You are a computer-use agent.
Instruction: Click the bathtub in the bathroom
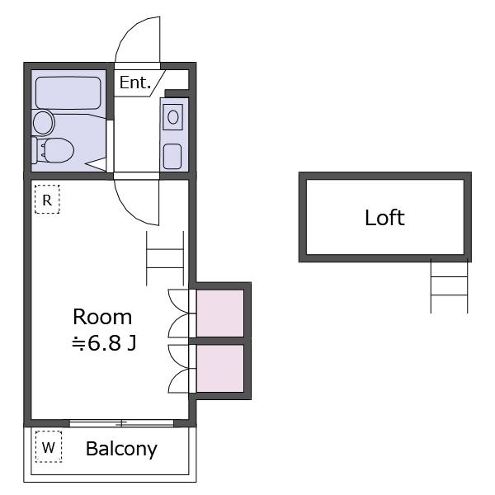click(x=68, y=92)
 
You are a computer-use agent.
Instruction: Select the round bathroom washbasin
click(x=44, y=122)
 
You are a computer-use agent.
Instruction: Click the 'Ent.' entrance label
click(x=135, y=82)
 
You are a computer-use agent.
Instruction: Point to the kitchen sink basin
click(x=172, y=156)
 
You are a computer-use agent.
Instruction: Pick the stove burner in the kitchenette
click(x=172, y=117)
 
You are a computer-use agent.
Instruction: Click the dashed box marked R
click(x=47, y=200)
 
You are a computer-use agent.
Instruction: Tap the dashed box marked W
click(x=49, y=446)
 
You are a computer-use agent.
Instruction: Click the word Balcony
click(x=121, y=449)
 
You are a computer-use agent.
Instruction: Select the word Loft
click(x=384, y=217)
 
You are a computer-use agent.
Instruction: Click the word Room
click(x=102, y=317)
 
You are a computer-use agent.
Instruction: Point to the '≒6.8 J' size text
click(x=104, y=343)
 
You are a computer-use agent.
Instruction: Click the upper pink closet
click(x=220, y=313)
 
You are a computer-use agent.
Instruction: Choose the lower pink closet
click(x=220, y=369)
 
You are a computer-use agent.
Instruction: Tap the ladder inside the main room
click(x=165, y=258)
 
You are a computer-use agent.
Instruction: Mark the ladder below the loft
click(x=449, y=286)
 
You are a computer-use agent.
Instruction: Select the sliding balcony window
click(x=121, y=423)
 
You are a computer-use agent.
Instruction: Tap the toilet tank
click(x=35, y=150)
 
